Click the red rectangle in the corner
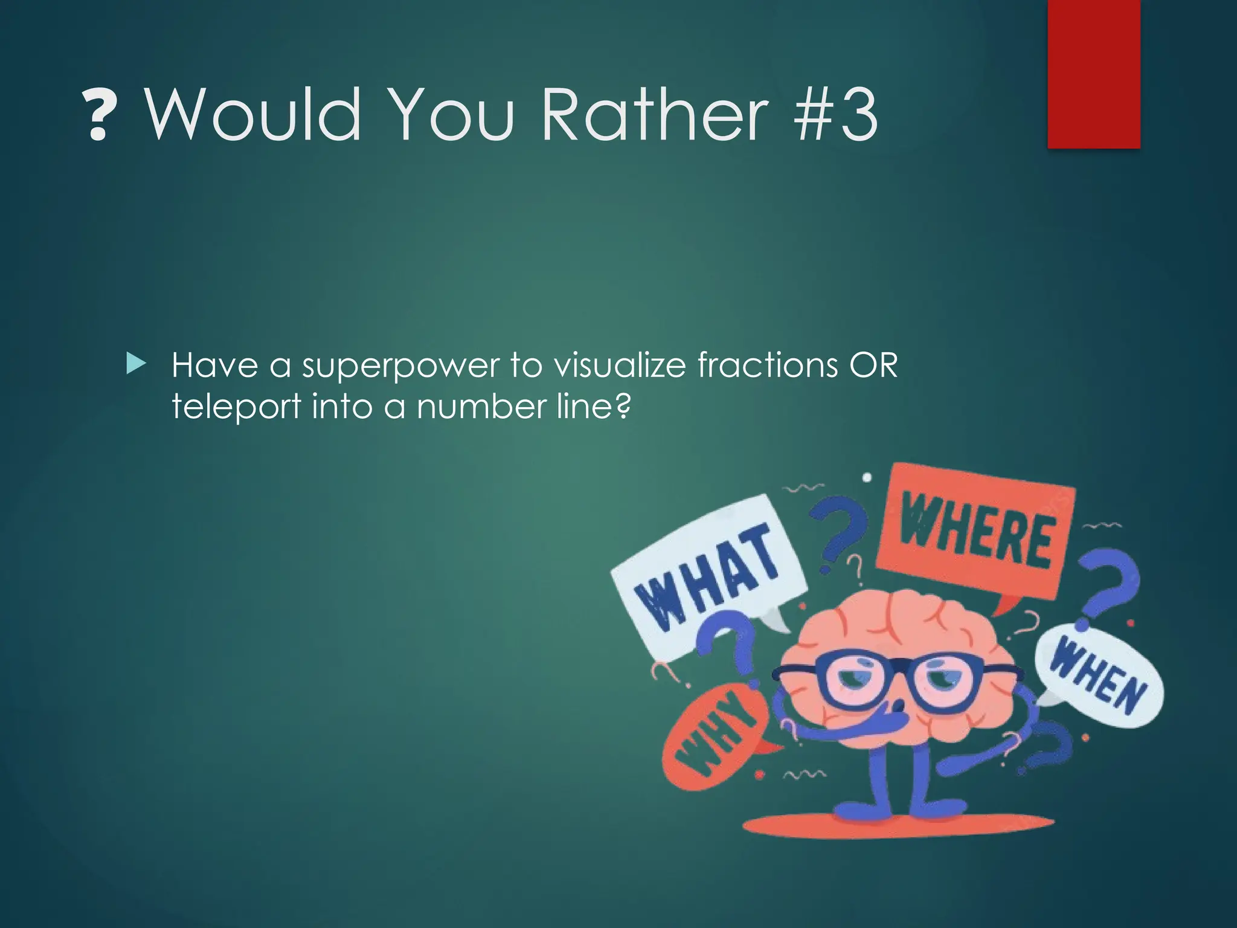coord(1093,74)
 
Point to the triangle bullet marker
coord(137,364)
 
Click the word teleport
coord(236,407)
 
